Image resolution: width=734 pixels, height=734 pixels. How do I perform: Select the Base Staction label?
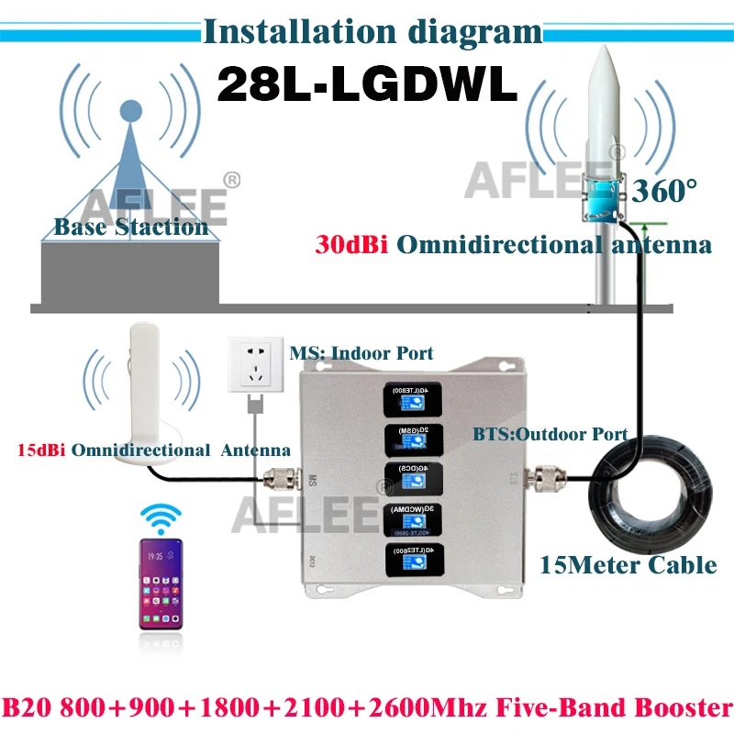pyautogui.click(x=130, y=227)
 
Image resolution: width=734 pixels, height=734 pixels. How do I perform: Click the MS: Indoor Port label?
pyautogui.click(x=361, y=352)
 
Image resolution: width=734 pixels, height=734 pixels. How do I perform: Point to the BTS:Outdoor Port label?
pyautogui.click(x=550, y=434)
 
